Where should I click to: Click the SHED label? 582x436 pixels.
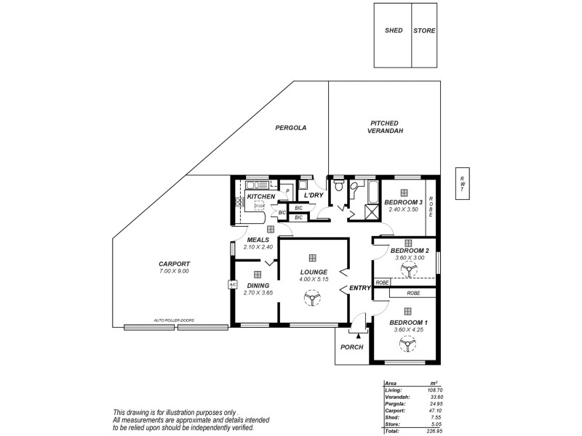point(393,31)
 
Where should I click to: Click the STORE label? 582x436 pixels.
point(424,31)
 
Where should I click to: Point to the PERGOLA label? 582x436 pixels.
point(290,127)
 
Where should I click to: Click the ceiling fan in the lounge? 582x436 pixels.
point(311,298)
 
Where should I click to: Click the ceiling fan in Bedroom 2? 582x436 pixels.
point(408,270)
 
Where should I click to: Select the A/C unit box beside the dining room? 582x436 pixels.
point(233,284)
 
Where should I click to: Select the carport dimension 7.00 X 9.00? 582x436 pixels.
point(174,271)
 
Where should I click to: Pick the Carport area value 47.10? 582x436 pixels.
point(434,410)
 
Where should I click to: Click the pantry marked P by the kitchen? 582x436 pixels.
point(288,193)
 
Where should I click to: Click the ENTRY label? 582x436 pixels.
point(360,288)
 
